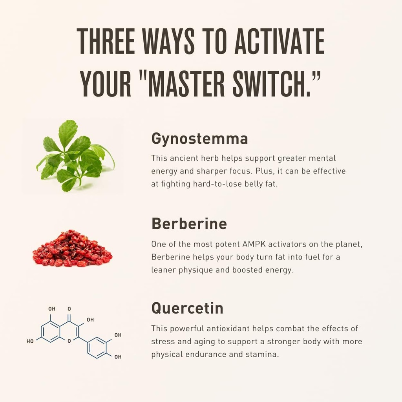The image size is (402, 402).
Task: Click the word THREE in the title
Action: click(x=106, y=41)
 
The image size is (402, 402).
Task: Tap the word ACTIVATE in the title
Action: click(x=280, y=41)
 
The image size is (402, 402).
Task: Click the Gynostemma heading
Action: click(x=200, y=139)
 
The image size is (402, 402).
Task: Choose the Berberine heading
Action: click(x=189, y=223)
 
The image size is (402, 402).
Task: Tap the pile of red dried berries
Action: click(x=72, y=248)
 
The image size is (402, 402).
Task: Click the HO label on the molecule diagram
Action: click(x=30, y=341)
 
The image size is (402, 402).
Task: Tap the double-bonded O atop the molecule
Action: click(x=69, y=309)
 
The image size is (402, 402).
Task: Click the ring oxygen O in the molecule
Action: click(x=69, y=341)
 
